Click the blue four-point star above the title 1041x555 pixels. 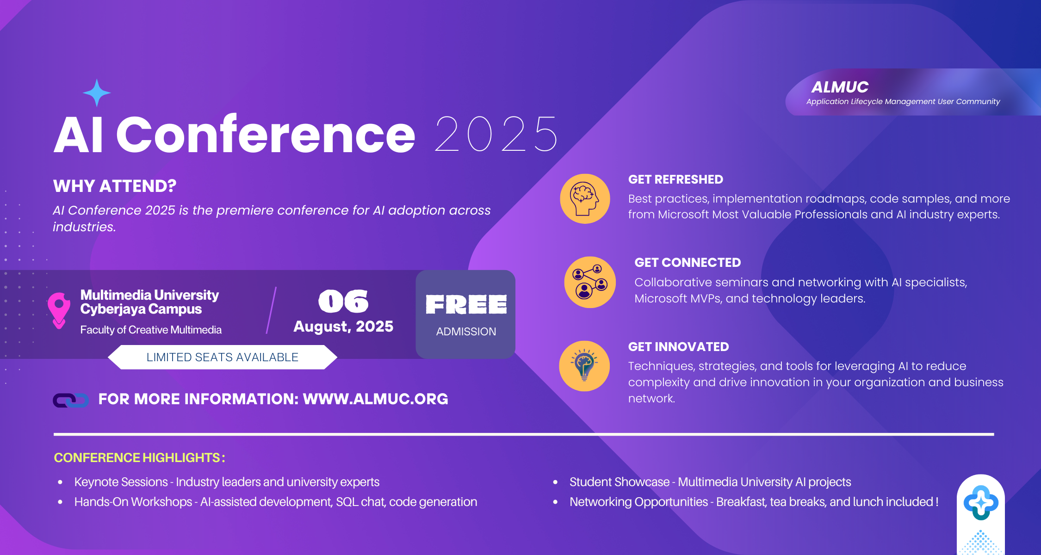pos(97,93)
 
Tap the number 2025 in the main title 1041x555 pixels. pos(496,134)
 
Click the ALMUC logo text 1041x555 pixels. pos(840,87)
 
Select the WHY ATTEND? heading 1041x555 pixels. pos(115,186)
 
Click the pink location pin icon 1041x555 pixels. pos(59,310)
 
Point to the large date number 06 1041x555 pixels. pos(343,302)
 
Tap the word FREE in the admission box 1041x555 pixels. pos(466,304)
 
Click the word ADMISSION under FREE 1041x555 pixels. pos(466,332)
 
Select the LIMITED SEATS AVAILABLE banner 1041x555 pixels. pos(223,357)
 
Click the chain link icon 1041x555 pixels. pos(70,400)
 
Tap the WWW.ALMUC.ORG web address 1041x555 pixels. pos(375,399)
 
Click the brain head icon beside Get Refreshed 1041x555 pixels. pos(585,199)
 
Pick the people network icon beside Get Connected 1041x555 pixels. pos(590,282)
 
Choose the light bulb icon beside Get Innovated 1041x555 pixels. pos(584,366)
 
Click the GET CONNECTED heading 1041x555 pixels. pos(688,262)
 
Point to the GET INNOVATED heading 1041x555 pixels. pos(678,346)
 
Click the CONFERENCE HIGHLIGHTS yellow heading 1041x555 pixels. pos(139,457)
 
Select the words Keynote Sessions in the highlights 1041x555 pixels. pos(121,482)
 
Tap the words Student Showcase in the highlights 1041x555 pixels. pos(620,482)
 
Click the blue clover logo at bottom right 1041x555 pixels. pos(981,502)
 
